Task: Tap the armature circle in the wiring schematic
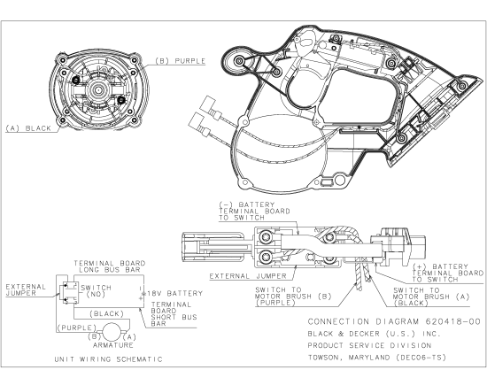pyautogui.click(x=112, y=331)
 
